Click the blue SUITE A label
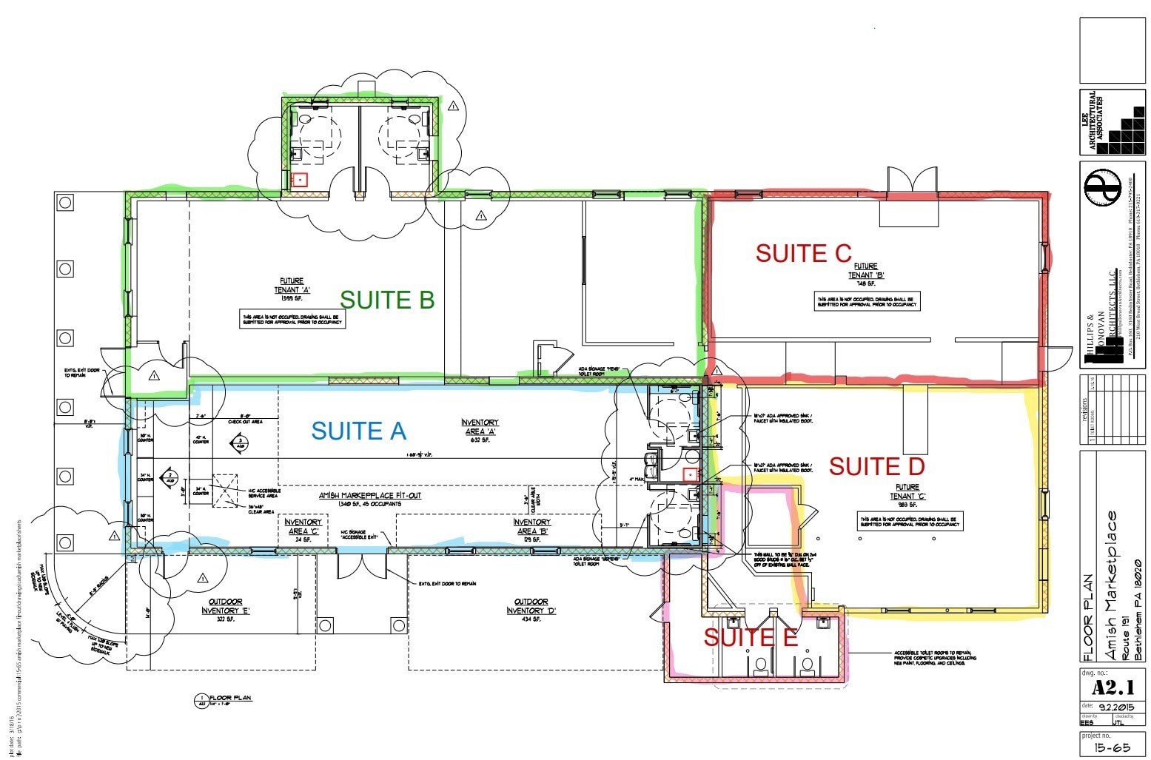(358, 431)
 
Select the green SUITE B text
(386, 300)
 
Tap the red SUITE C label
(803, 254)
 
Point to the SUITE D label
(876, 466)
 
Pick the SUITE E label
(751, 637)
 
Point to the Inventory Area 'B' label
(531, 527)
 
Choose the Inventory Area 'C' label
(303, 527)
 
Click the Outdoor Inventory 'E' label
(226, 607)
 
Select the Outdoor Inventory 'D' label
(531, 607)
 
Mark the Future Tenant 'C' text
(907, 492)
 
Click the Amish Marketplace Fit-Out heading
(370, 495)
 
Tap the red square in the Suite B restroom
(300, 179)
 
